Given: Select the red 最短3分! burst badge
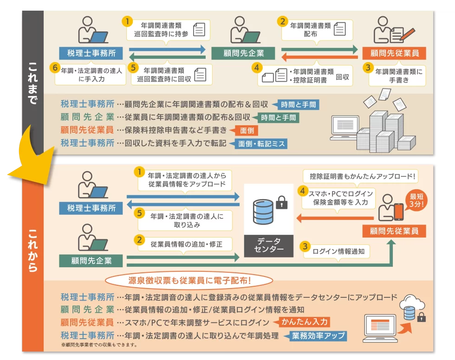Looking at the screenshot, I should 416,200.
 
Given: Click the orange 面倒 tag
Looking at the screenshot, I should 246,130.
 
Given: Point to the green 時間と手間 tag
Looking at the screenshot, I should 278,117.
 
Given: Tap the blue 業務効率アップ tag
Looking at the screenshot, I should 319,335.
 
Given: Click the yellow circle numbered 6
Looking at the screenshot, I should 55,68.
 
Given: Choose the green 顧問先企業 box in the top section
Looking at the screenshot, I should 237,53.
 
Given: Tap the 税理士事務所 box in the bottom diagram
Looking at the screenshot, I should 91,208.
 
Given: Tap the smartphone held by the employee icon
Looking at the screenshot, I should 399,212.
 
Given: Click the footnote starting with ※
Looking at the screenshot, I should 99,345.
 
